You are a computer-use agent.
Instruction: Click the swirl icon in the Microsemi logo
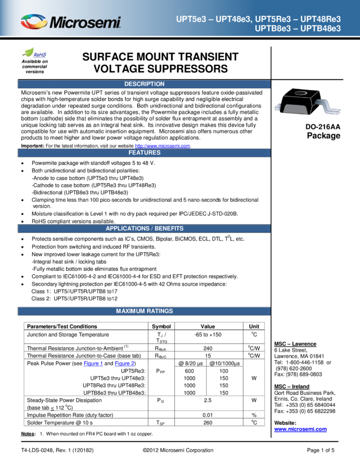(x=34, y=22)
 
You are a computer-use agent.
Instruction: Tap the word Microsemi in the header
(x=85, y=23)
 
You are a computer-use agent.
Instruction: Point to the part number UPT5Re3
(x=275, y=19)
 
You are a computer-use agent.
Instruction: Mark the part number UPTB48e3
(x=321, y=29)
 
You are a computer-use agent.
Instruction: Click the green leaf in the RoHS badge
(x=28, y=51)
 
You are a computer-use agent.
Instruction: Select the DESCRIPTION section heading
(x=144, y=84)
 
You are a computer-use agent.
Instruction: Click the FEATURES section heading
(x=144, y=152)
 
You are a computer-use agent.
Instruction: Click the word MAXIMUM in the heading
(x=129, y=311)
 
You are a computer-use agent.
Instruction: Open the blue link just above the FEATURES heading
(x=162, y=146)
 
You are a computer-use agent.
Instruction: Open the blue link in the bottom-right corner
(x=300, y=430)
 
